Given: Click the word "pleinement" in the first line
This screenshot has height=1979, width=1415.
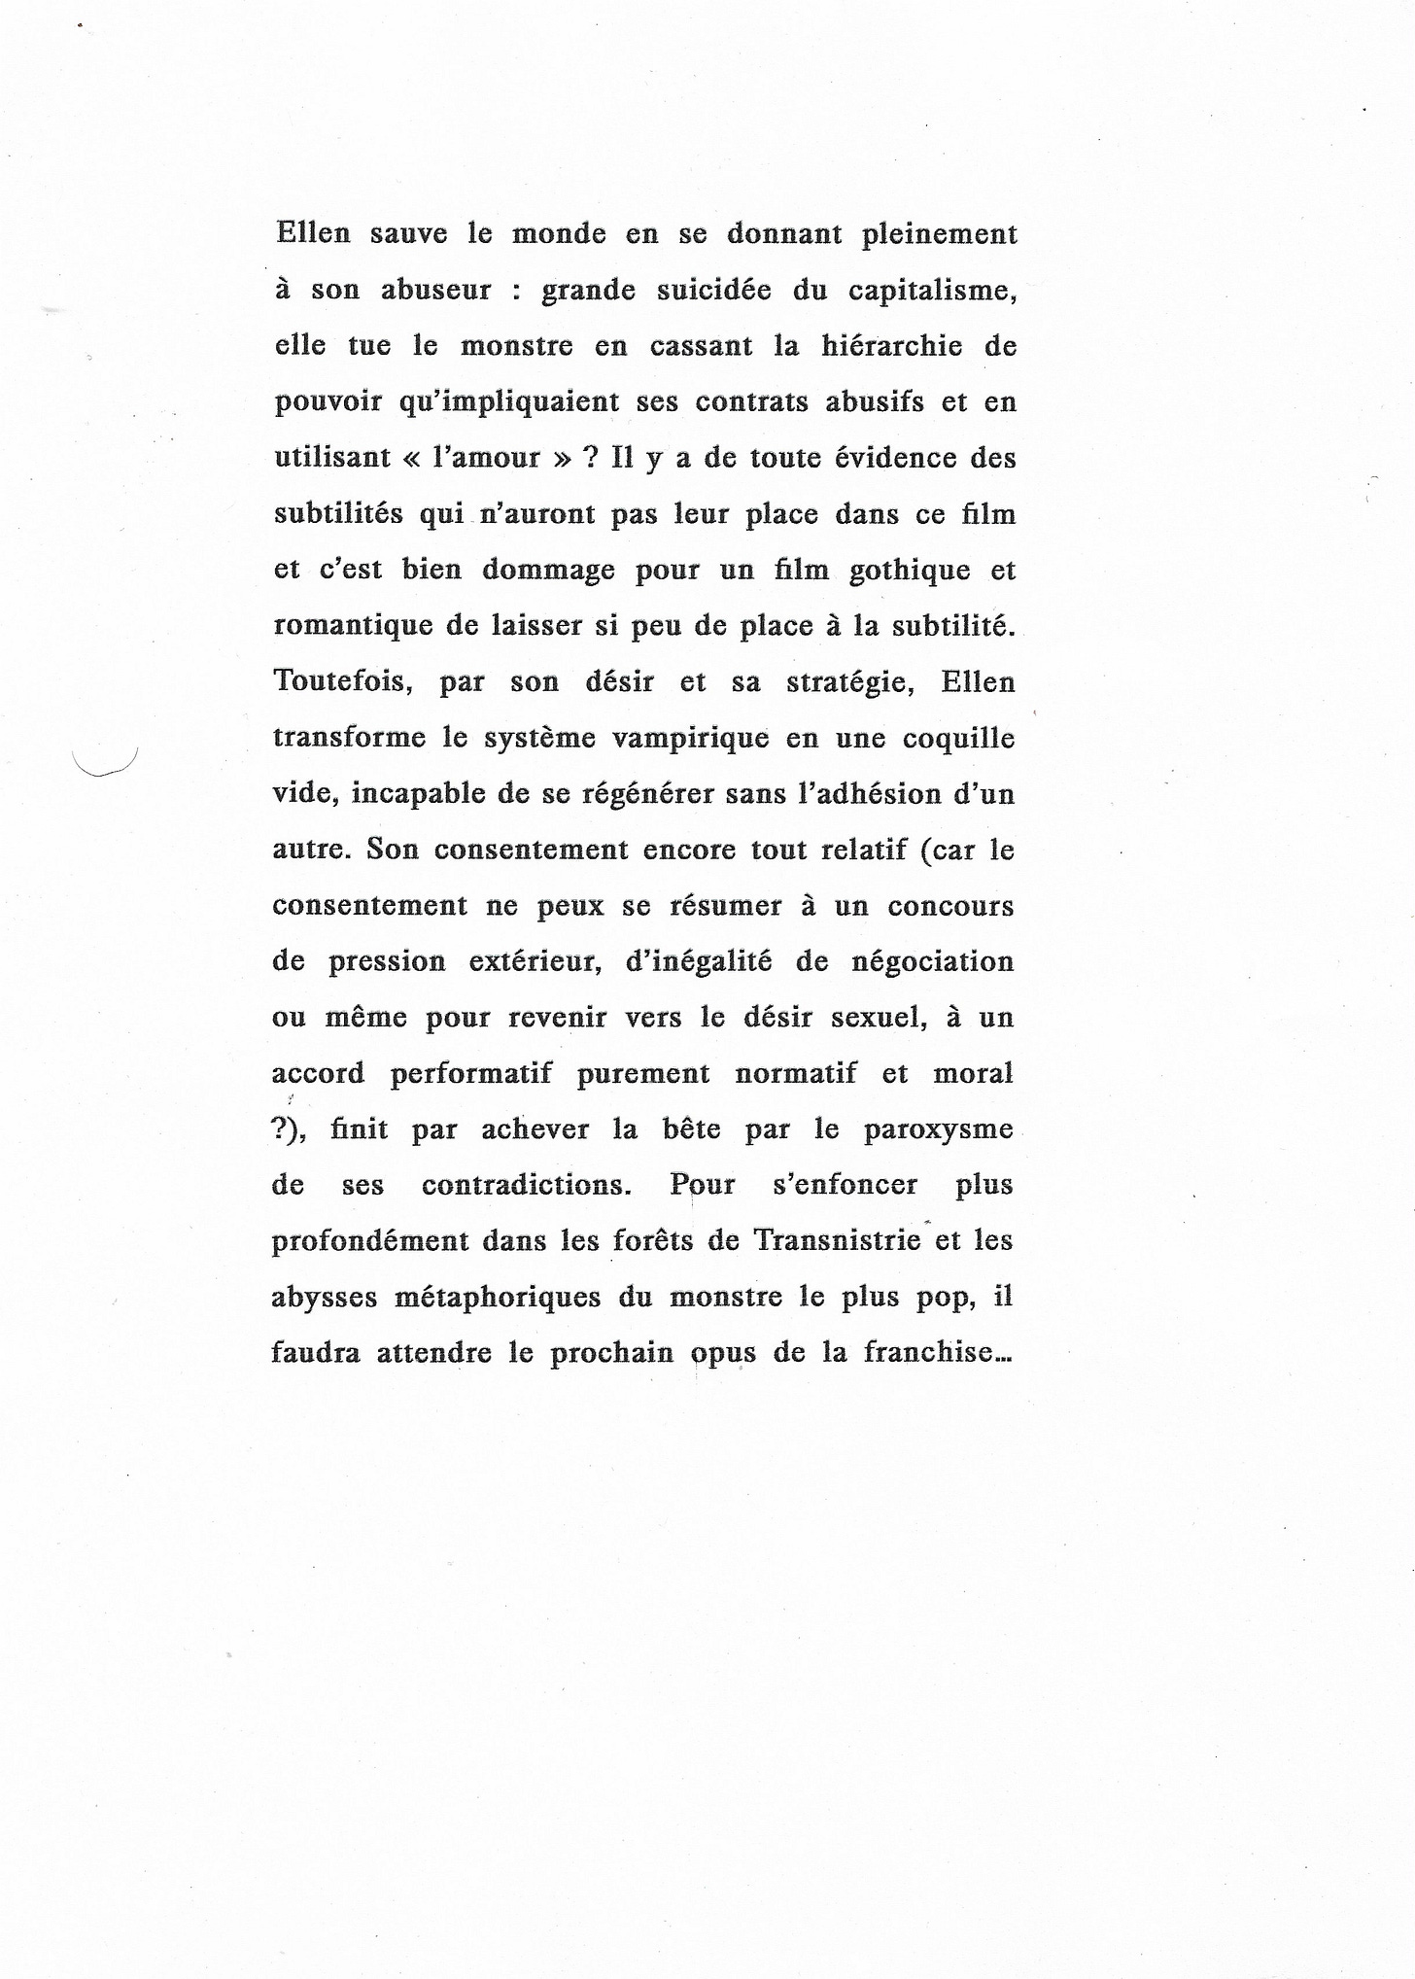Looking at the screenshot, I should click(940, 235).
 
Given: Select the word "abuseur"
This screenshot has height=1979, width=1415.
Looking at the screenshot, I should click(436, 291).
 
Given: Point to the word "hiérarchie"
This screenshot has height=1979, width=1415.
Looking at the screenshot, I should click(891, 346).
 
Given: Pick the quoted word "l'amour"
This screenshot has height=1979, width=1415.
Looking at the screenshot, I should click(493, 458).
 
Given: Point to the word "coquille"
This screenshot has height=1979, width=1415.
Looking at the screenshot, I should click(958, 739).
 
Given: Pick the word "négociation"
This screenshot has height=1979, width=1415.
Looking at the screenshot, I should click(931, 962).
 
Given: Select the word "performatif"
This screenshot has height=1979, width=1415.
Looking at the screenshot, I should click(471, 1074).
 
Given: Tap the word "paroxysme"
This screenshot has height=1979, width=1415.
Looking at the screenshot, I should click(937, 1130).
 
